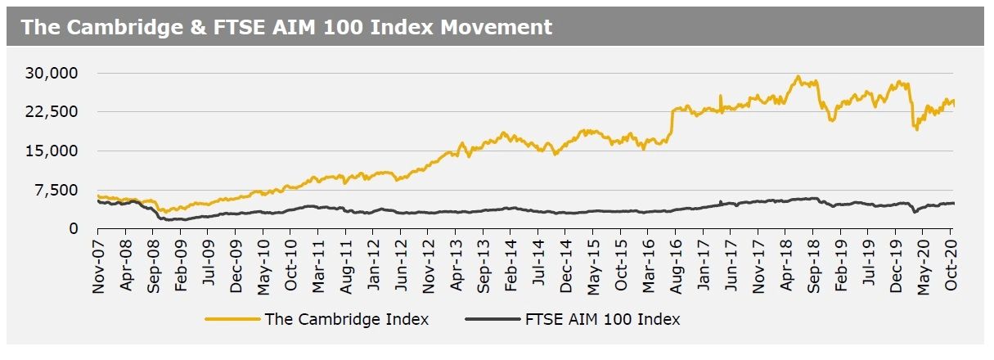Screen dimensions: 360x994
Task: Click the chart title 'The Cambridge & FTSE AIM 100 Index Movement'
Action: click(x=286, y=27)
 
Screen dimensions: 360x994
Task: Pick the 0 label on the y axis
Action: click(x=73, y=228)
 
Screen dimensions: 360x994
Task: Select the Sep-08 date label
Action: click(x=153, y=262)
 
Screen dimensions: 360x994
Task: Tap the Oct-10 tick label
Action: click(x=291, y=262)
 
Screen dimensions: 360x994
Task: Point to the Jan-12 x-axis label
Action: click(x=373, y=262)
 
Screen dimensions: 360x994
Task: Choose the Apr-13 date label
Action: click(x=456, y=262)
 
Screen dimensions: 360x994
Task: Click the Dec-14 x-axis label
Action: click(x=566, y=262)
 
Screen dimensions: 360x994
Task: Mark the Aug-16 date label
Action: click(x=677, y=262)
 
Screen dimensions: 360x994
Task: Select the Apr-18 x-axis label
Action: click(x=786, y=262)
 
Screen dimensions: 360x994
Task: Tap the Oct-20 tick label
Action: click(x=951, y=262)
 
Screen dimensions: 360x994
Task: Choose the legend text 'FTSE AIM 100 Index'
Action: click(x=602, y=319)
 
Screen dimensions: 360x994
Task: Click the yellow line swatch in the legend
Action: click(x=232, y=319)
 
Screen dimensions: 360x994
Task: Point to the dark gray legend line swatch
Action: click(x=491, y=319)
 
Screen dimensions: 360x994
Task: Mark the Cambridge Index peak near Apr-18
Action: click(x=798, y=77)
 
